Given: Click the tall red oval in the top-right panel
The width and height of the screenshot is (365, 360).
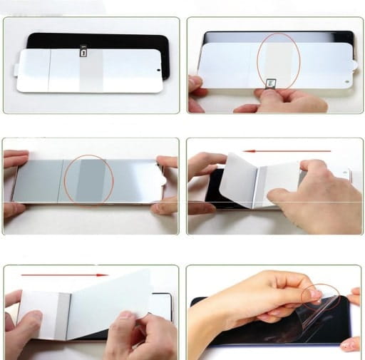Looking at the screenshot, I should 278,64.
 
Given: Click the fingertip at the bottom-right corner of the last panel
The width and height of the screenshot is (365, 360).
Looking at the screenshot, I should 351,344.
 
